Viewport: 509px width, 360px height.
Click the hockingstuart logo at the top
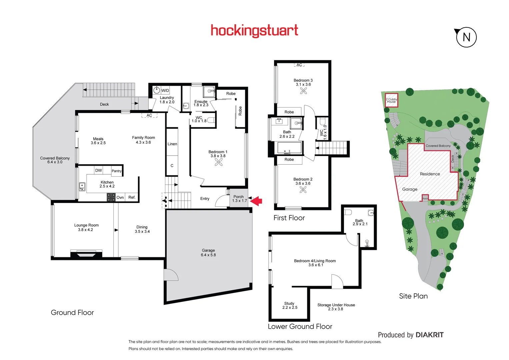[254, 31]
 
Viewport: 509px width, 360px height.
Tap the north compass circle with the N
[466, 37]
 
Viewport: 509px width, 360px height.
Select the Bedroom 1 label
[218, 152]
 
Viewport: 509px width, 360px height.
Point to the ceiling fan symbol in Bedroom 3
[303, 91]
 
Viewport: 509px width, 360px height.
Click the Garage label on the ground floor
[208, 250]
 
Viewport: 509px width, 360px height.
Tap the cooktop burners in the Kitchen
[111, 197]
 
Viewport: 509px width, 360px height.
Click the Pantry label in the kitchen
[117, 171]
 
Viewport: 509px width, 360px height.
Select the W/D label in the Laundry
[165, 91]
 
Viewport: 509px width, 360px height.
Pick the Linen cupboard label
[172, 144]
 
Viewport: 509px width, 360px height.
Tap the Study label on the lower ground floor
[289, 303]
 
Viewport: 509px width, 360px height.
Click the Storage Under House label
[336, 305]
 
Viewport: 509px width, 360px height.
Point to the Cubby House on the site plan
[391, 100]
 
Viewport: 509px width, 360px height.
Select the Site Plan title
[413, 296]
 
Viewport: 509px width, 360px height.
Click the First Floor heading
[289, 218]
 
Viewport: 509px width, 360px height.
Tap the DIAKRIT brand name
[430, 335]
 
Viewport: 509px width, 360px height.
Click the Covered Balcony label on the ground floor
[55, 158]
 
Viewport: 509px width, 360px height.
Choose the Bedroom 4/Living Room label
[315, 261]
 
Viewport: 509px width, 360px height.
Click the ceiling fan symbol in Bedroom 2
[303, 190]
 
